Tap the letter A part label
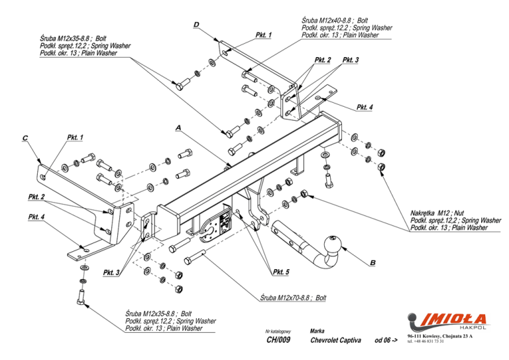coord(178,128)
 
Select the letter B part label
coord(372,263)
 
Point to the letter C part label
coord(25,139)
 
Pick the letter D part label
coord(196,25)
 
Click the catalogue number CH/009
coord(278,340)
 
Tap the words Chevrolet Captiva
coord(335,340)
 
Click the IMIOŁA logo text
coord(455,319)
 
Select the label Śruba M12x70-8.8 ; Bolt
coord(293,298)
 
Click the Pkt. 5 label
coord(281,272)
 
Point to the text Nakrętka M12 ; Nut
coord(437,213)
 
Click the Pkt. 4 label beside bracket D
coord(365,107)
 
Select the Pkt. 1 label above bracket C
coord(76,137)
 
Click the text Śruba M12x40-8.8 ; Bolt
coord(335,21)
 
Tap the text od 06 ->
coord(386,340)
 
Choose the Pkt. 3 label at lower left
coord(111,272)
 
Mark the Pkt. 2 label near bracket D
coord(323,60)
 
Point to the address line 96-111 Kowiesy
coord(440,336)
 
